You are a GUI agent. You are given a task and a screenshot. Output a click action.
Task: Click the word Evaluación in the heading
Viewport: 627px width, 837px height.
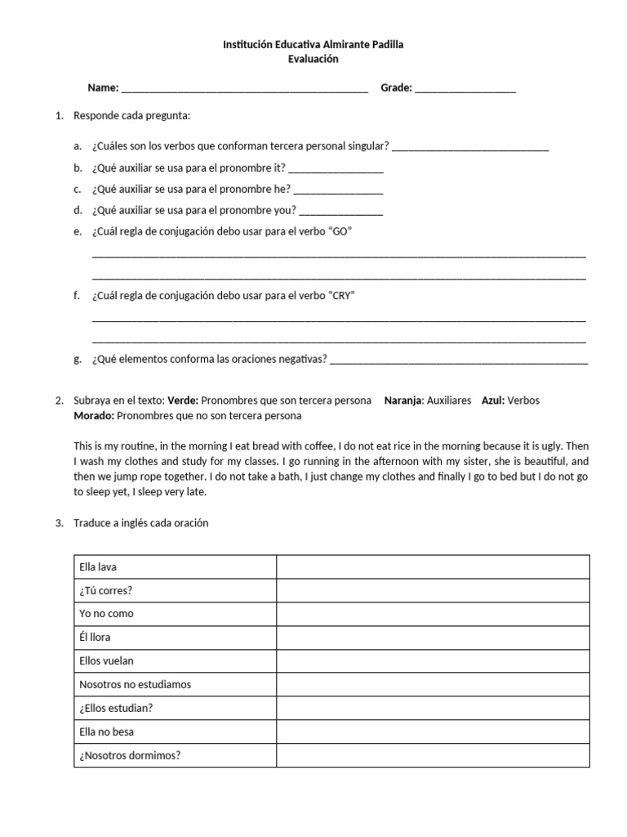313,59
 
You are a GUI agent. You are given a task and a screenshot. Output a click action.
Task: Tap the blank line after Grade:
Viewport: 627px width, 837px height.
465,89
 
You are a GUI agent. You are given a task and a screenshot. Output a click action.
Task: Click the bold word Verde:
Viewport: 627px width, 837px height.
183,401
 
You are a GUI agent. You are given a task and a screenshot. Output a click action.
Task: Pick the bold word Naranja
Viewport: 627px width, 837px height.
403,401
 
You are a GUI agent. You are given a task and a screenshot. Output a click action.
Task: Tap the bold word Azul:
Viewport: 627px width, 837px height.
494,401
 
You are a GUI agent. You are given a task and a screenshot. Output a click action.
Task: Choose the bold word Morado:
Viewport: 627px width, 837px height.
94,416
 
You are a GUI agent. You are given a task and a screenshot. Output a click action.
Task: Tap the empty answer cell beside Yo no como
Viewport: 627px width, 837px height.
433,614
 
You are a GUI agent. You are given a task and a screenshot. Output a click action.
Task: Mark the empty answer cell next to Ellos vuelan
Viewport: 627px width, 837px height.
433,661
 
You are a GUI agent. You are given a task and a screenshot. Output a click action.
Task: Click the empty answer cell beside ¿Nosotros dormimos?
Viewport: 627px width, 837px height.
433,756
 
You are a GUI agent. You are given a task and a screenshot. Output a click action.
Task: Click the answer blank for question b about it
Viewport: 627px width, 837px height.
336,168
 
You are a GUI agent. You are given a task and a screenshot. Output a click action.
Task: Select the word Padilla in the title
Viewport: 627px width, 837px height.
383,44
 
